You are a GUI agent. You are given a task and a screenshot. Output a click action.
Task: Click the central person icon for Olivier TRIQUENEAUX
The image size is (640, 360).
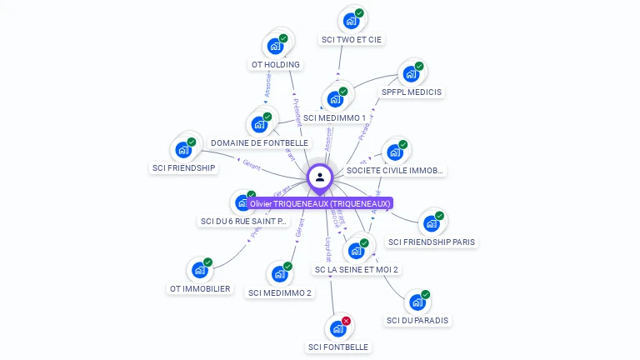click(x=320, y=177)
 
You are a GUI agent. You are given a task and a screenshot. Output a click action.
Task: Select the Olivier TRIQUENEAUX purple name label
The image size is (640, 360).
click(x=320, y=203)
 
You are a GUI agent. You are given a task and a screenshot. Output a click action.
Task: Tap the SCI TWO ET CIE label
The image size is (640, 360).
click(x=352, y=39)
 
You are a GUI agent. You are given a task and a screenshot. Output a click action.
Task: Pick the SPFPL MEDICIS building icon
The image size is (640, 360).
click(x=410, y=74)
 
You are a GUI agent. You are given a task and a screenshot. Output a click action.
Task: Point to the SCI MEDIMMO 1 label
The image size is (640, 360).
click(x=334, y=118)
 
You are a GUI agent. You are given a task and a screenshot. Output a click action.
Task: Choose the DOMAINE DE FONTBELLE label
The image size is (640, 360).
click(x=259, y=143)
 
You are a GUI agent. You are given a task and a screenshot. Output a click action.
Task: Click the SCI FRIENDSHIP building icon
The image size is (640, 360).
click(x=182, y=151)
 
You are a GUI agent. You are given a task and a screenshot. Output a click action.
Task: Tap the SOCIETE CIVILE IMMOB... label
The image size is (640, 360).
click(x=396, y=171)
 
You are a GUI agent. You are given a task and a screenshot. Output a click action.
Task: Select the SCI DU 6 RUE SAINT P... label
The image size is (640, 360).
click(x=243, y=222)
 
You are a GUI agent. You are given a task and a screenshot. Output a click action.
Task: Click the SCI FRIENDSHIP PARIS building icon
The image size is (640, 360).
click(x=430, y=223)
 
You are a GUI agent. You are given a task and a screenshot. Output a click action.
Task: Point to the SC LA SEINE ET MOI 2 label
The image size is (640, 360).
click(x=357, y=270)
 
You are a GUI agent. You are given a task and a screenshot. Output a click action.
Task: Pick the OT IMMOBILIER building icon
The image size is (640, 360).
click(x=198, y=270)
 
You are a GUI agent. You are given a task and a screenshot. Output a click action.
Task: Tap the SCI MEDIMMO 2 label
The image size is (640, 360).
click(x=280, y=293)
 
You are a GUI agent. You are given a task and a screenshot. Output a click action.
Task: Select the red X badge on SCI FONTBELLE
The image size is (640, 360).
click(x=346, y=321)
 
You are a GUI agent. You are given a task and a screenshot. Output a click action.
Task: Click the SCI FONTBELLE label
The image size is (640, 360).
click(x=337, y=347)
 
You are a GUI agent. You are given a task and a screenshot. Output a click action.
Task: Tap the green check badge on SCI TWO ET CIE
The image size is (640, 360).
click(x=359, y=12)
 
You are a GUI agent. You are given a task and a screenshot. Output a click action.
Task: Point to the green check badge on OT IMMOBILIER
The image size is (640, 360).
click(x=207, y=262)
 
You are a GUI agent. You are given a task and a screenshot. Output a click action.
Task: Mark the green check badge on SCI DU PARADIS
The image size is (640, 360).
click(x=425, y=294)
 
